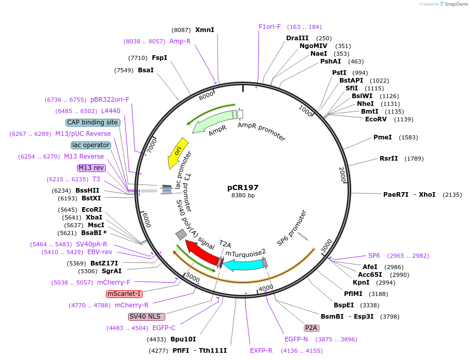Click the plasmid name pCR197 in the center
(243, 187)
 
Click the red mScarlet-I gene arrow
(203, 252)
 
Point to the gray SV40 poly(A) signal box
(181, 234)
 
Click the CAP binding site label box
(93, 122)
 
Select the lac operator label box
(91, 145)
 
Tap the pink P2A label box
(311, 328)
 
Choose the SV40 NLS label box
(146, 317)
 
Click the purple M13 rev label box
(91, 168)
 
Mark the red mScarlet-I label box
(124, 294)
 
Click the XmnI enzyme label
(205, 29)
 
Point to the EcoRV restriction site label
(376, 119)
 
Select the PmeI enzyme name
(383, 137)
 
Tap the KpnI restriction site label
(361, 283)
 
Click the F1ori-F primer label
(270, 27)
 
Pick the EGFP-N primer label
(296, 339)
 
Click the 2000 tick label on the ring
(342, 175)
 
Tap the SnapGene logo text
(456, 4)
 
